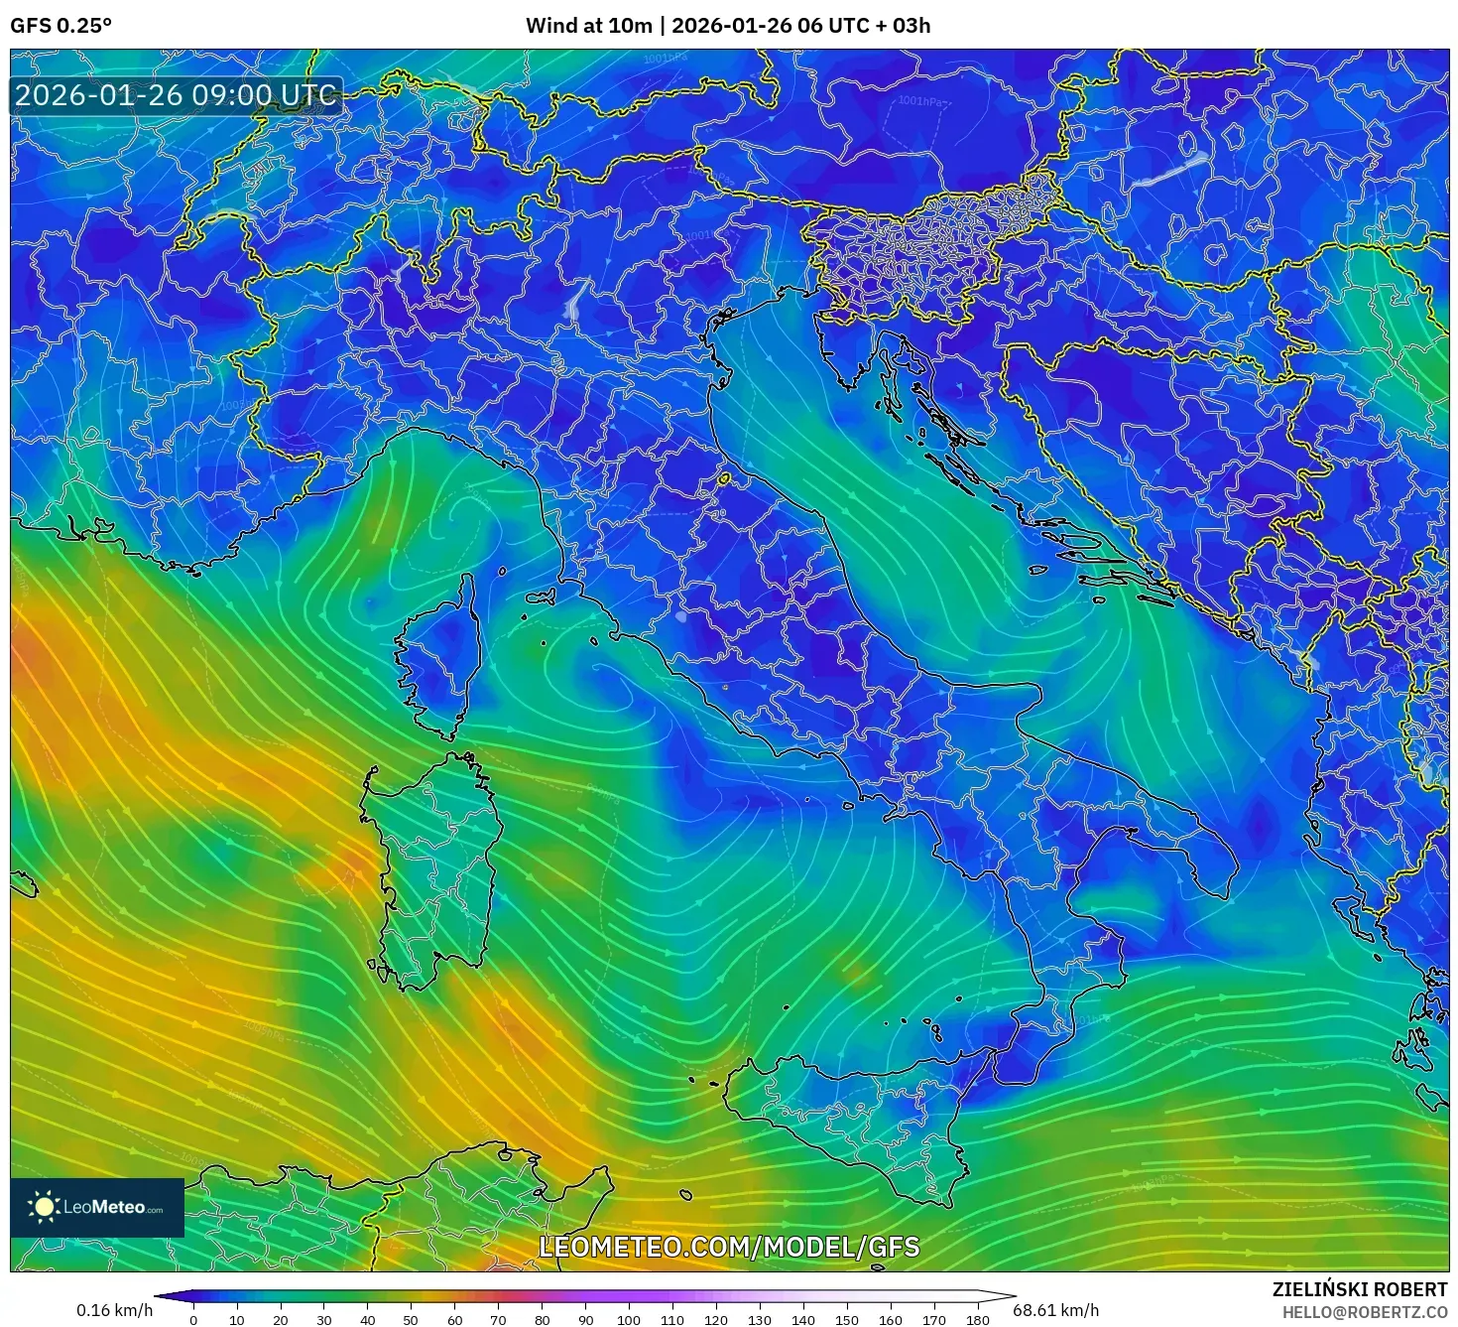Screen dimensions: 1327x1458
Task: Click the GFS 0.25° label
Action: point(61,26)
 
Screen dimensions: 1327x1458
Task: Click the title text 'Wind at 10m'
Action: point(588,26)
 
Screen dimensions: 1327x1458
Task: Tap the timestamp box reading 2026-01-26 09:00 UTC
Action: point(176,95)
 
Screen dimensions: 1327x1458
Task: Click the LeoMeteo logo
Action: point(97,1207)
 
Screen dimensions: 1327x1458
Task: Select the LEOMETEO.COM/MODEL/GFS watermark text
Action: point(729,1247)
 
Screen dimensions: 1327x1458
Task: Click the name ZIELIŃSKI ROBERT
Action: point(1360,1289)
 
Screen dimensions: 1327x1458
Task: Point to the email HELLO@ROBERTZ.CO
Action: point(1364,1311)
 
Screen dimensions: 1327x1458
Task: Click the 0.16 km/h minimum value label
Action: point(115,1310)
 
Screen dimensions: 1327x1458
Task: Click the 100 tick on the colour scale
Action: point(629,1319)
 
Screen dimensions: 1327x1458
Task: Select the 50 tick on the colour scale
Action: point(411,1319)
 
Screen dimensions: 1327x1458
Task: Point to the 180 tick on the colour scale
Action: point(978,1319)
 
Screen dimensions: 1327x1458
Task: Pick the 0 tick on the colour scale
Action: point(193,1319)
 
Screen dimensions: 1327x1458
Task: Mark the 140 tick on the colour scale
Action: point(803,1319)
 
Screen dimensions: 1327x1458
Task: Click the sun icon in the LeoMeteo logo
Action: point(45,1207)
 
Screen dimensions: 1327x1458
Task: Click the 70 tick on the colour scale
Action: point(498,1319)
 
